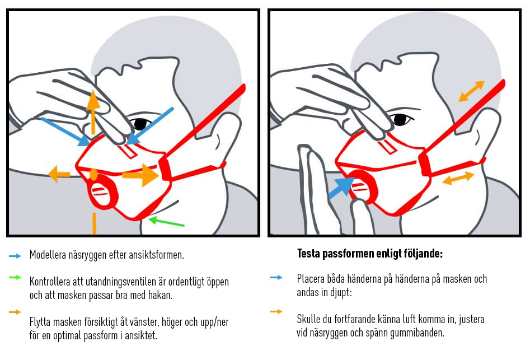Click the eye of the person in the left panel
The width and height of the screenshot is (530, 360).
click(139, 123)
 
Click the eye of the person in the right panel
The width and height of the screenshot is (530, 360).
click(399, 119)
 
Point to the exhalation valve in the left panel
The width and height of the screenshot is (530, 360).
click(102, 191)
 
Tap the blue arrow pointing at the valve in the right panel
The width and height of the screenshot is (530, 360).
click(339, 188)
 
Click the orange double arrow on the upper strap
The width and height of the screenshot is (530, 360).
click(471, 91)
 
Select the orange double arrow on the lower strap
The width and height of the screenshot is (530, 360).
click(458, 179)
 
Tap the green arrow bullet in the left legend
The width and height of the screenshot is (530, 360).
click(15, 277)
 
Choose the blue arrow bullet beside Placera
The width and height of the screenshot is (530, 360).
click(276, 277)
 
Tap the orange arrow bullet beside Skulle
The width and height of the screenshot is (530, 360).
click(276, 311)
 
